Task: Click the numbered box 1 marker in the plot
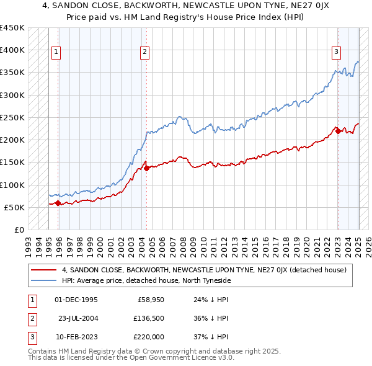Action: (56, 53)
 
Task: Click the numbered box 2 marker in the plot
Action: (144, 53)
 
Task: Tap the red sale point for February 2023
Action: (338, 130)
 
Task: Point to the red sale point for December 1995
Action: (58, 203)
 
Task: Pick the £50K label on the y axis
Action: (14, 207)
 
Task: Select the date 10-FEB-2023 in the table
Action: (76, 337)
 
